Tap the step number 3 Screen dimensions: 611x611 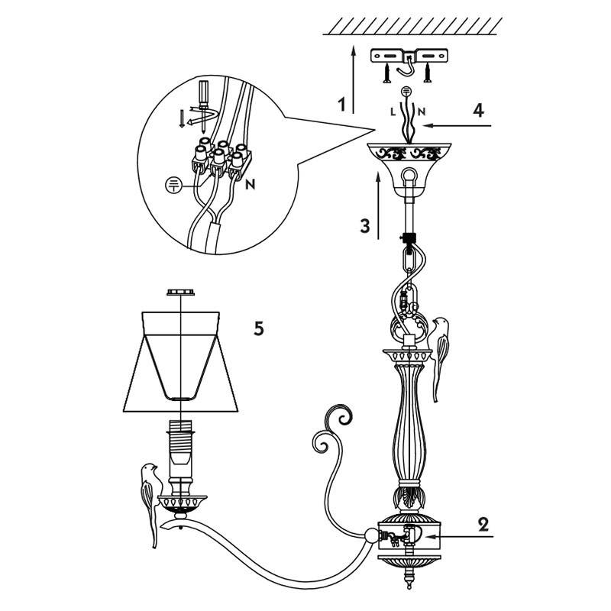click(x=366, y=226)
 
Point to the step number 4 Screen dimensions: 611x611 click(x=478, y=110)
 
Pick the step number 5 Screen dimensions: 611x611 click(x=259, y=329)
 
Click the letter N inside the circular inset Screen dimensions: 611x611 click(x=250, y=184)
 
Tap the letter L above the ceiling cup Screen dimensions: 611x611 click(x=393, y=112)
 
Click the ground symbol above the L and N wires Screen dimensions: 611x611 click(x=406, y=91)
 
